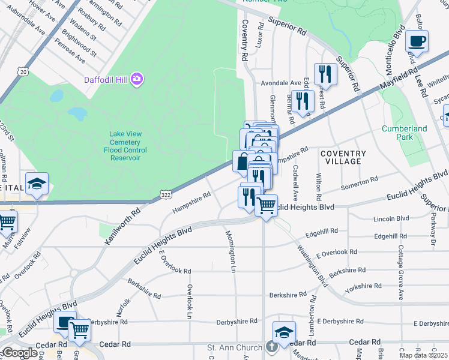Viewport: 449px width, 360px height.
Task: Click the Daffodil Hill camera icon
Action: point(137,79)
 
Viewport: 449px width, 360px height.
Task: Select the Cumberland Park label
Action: point(404,133)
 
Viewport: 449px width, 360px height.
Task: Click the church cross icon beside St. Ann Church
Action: point(271,347)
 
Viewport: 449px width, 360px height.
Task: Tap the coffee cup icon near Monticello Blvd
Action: point(417,41)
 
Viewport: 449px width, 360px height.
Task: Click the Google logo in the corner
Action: point(19,352)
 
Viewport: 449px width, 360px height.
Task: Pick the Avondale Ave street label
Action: point(280,83)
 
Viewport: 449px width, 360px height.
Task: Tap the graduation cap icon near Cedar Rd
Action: point(285,332)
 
